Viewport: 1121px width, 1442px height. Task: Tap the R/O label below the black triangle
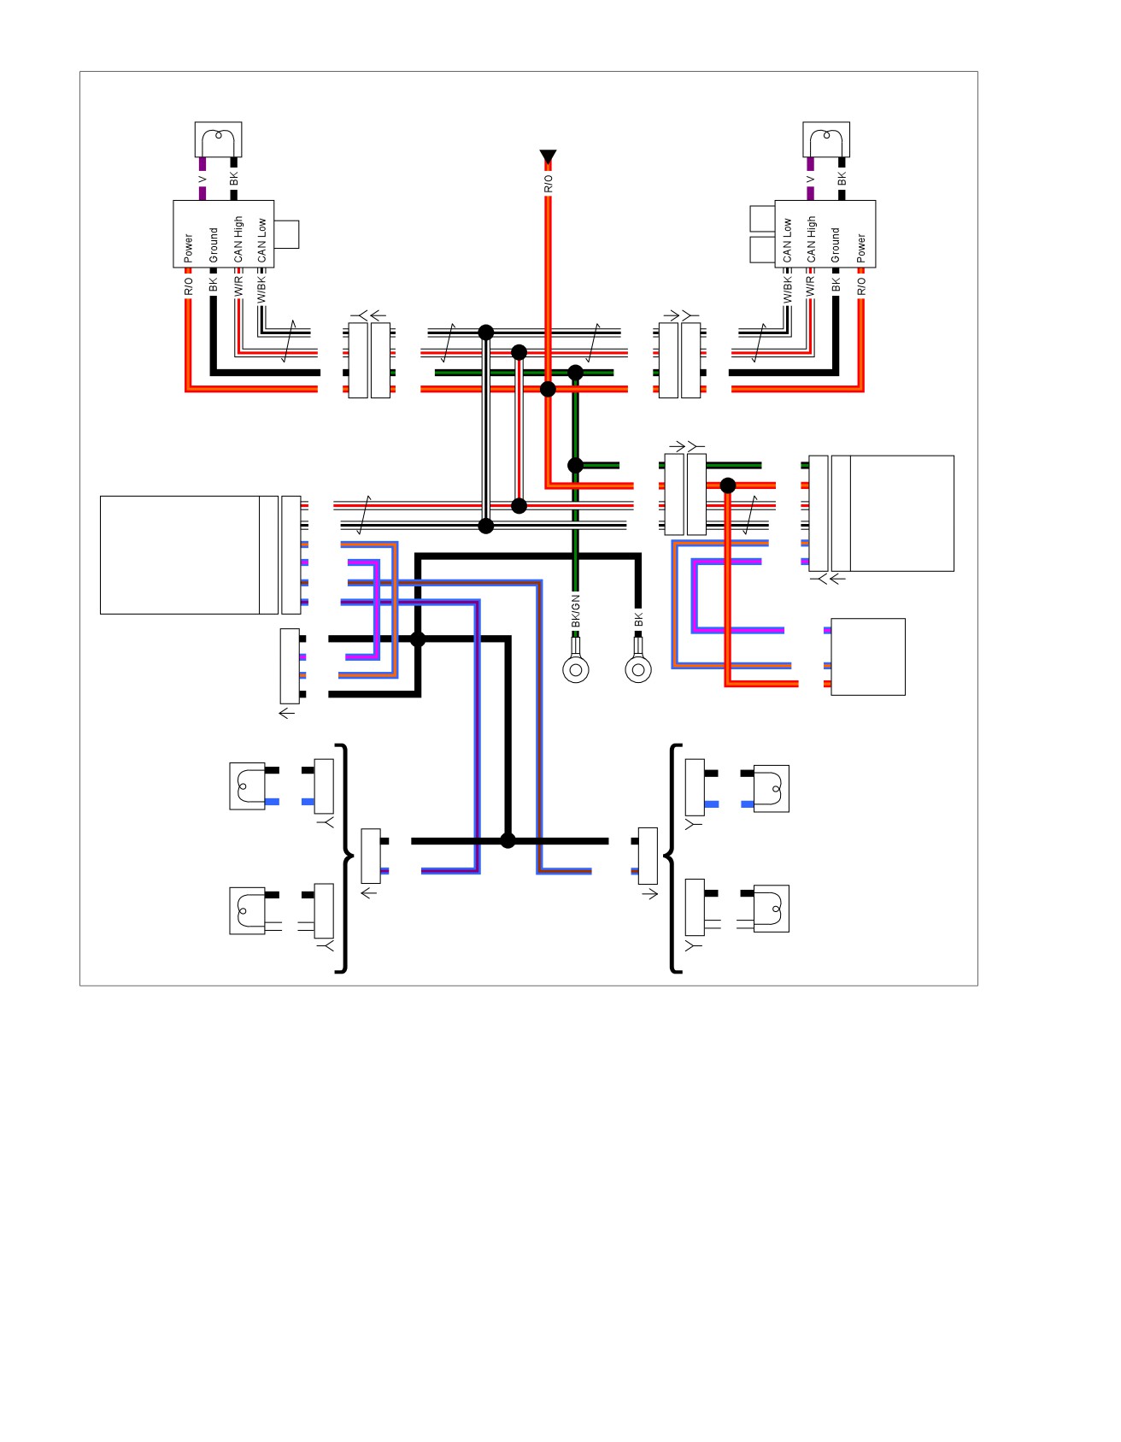coord(549,184)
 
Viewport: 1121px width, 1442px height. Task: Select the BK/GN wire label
coord(576,611)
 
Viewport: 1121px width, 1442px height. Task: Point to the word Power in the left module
coord(189,248)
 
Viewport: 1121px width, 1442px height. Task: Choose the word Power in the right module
coord(861,248)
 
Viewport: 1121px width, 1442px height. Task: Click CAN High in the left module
coord(238,239)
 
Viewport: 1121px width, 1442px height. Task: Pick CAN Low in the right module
coord(788,240)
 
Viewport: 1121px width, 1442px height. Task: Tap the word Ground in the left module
coord(214,244)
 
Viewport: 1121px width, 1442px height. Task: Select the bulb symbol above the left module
coord(219,139)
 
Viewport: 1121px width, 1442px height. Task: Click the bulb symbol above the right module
coord(826,139)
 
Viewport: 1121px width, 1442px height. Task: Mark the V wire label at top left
coord(202,180)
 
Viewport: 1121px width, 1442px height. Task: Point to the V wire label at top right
coord(810,180)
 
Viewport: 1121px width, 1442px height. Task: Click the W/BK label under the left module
coord(262,287)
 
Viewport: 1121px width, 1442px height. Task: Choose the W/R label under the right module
coord(811,285)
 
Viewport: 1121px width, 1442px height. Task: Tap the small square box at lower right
coord(868,656)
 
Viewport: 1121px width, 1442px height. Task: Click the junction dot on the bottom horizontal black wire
coord(508,840)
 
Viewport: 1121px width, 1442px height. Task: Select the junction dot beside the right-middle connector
coord(728,486)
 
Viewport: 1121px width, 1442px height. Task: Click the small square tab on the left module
coord(286,234)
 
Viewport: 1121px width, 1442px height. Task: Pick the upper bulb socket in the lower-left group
coord(247,786)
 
